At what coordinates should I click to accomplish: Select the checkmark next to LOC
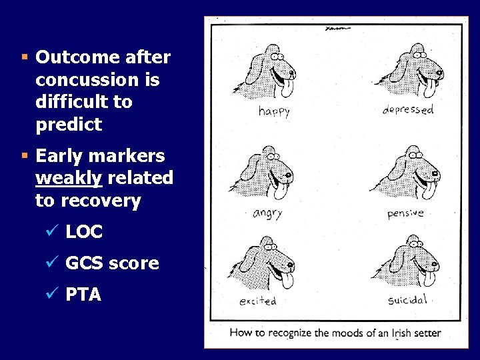coord(55,232)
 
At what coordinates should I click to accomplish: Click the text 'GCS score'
coord(112,263)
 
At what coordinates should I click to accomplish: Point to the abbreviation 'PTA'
coord(83,295)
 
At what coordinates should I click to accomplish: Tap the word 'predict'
coord(69,125)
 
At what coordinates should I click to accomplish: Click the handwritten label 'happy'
coord(274,111)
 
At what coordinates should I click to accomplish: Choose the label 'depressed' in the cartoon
coord(407,109)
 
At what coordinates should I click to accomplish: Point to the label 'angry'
coord(267,213)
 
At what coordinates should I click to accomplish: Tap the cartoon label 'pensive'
coord(405,213)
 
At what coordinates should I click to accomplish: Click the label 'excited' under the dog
coord(258,301)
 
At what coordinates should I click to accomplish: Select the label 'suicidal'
coord(407,300)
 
